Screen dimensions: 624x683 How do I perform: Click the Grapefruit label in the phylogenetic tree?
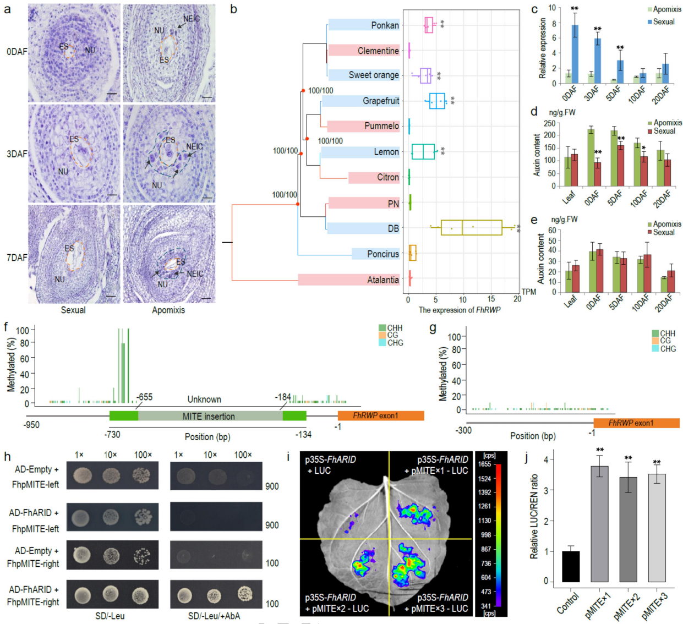381,101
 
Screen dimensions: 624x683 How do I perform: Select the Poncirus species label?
383,254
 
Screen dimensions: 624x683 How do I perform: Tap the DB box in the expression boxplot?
471,227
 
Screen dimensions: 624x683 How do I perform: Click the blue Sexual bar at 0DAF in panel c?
575,54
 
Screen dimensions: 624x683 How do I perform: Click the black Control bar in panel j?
571,566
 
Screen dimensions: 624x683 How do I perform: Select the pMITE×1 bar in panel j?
599,524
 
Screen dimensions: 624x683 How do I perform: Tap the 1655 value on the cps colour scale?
484,464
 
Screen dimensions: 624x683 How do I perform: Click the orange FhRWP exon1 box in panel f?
381,415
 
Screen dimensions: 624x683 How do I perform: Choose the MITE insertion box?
209,416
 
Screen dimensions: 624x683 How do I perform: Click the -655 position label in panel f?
145,397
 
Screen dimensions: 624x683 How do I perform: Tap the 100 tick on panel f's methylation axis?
23,331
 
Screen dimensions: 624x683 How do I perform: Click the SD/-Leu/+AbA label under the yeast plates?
214,616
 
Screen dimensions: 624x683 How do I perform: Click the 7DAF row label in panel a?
17,258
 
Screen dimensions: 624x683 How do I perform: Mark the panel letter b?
233,9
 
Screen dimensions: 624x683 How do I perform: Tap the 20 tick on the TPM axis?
517,299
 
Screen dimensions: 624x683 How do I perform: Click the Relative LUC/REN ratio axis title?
533,517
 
